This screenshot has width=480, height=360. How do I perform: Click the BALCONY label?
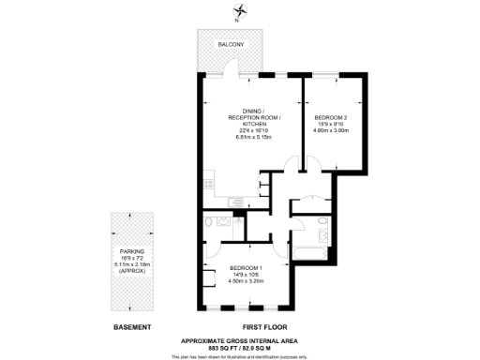coord(231,45)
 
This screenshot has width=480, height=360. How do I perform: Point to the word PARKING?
coord(131,252)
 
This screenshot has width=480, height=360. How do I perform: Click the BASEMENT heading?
coord(131,326)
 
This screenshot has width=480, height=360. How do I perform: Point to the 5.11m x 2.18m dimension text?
coord(131,265)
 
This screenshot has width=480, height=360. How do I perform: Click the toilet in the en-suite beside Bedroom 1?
coord(209,222)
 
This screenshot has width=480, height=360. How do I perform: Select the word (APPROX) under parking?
coord(131,272)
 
